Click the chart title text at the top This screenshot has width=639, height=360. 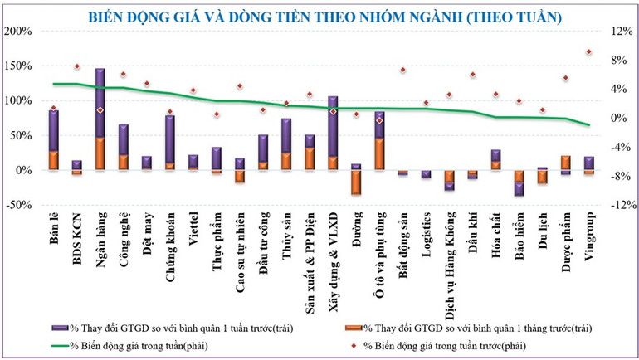[x=323, y=15]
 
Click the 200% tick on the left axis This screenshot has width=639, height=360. [x=18, y=32]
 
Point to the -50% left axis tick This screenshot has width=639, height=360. [x=18, y=205]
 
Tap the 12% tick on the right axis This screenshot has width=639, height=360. [x=621, y=32]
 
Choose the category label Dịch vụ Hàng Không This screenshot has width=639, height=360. [x=449, y=252]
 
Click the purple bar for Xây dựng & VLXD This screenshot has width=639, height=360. [x=333, y=124]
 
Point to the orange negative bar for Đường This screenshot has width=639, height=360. [x=356, y=182]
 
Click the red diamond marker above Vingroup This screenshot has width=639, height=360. [x=588, y=51]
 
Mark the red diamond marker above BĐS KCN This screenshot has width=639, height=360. [x=77, y=66]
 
